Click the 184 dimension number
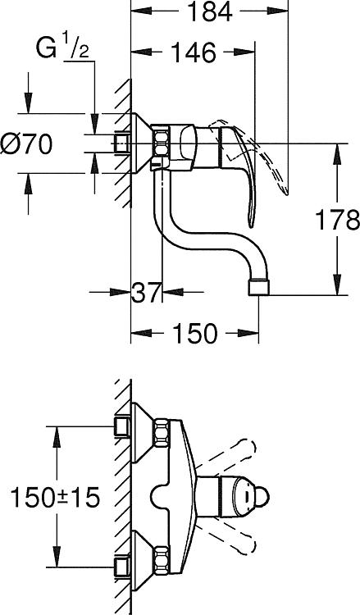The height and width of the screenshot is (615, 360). coord(210,11)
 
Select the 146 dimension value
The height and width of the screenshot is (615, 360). coord(194,52)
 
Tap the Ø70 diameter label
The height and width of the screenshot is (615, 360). coord(26,144)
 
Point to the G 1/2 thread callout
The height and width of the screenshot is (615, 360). coord(63,48)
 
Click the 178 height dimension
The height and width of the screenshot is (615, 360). coord(338,220)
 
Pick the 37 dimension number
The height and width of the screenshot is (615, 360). coord(146,292)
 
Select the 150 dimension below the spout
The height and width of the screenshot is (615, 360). coord(194,334)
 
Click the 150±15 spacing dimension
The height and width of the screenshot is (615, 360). coord(55,498)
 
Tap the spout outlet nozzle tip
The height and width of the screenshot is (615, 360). coord(259,287)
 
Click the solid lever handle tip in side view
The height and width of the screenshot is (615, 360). coord(251,222)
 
